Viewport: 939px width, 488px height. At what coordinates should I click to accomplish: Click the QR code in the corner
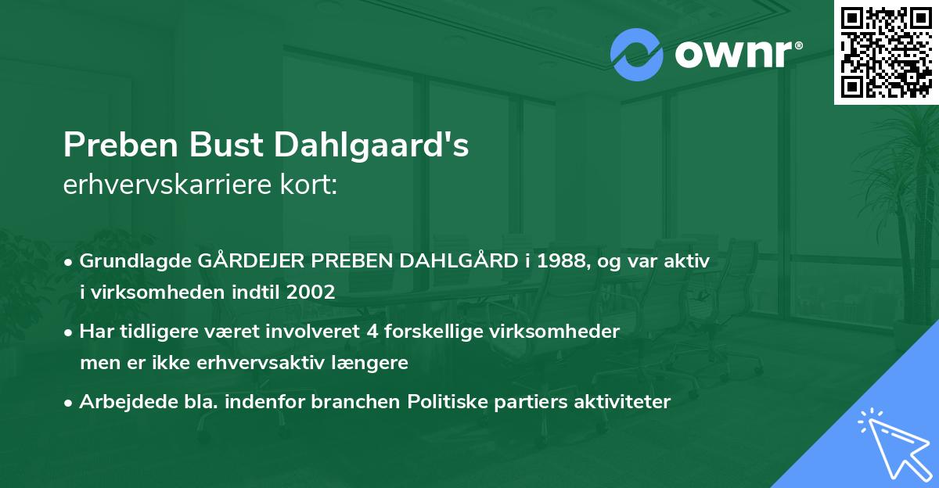[887, 52]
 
